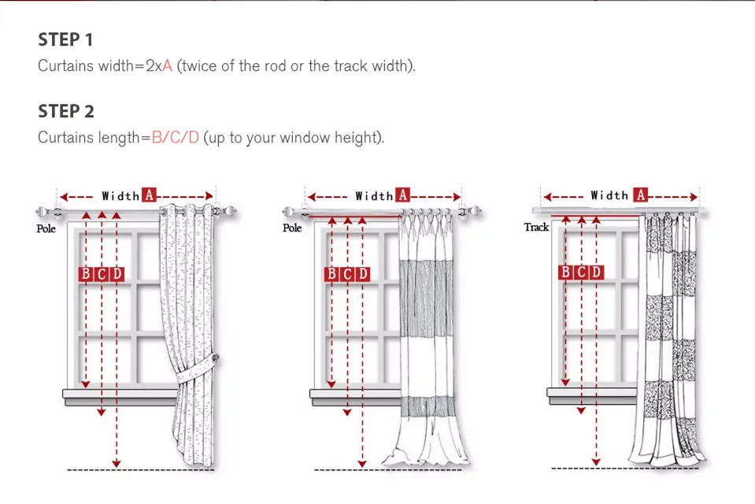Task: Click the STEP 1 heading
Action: (65, 39)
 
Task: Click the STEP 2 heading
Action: (66, 111)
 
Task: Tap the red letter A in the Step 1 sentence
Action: (167, 65)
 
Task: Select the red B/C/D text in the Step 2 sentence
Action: (176, 137)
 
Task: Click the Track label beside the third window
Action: (536, 227)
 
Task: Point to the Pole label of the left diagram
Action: (46, 228)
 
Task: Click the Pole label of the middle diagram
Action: (292, 228)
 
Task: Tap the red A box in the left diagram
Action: (150, 195)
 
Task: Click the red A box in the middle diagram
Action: (402, 195)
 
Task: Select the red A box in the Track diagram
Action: (640, 195)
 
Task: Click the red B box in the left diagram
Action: (86, 274)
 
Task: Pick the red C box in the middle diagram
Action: (348, 274)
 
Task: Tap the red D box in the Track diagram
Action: (596, 272)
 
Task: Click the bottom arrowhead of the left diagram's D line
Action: (117, 464)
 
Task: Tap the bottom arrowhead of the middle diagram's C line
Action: (347, 413)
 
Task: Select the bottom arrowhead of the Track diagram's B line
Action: (565, 382)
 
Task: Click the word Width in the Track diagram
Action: (609, 195)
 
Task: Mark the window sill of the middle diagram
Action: (355, 397)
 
